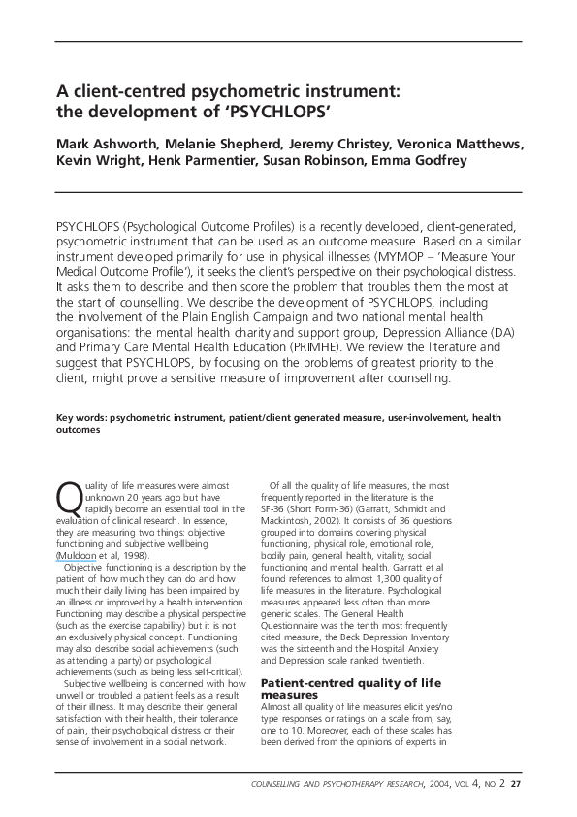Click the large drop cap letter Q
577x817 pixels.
(x=70, y=497)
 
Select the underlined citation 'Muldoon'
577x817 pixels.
(x=78, y=554)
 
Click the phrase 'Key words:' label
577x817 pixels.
(x=81, y=417)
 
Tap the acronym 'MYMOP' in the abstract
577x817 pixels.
(x=401, y=255)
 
